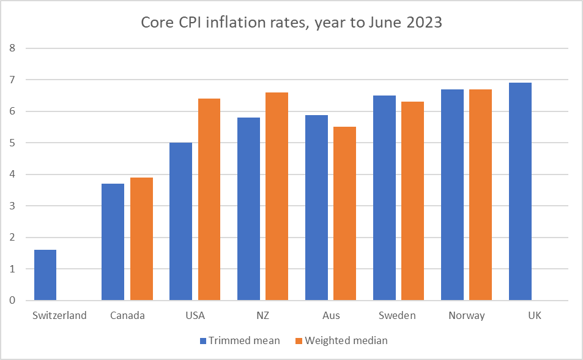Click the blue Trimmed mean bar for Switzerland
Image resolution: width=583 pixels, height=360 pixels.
pos(45,275)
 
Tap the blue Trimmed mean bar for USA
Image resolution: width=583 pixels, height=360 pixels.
pos(180,222)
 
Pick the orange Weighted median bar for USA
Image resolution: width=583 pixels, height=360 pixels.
pos(209,200)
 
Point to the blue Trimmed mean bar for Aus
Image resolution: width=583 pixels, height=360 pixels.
pos(316,208)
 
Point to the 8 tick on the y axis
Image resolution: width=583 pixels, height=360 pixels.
pos(12,48)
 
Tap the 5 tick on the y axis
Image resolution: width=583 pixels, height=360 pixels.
pos(12,143)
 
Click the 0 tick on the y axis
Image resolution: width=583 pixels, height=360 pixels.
pos(12,301)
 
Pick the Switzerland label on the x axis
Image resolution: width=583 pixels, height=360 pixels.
pos(60,316)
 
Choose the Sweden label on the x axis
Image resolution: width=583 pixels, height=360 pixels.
pos(398,316)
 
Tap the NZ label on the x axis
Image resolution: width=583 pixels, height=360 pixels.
pos(262,316)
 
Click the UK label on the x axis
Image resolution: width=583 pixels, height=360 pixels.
pos(533,316)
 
